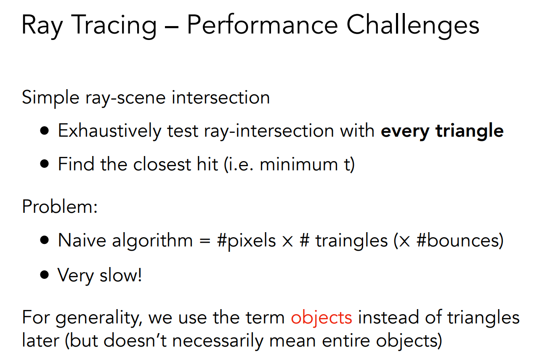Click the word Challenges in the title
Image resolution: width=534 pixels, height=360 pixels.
413,26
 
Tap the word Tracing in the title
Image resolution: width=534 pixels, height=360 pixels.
114,26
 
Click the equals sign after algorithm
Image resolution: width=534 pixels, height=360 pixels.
205,241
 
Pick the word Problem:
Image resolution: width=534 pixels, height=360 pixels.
60,206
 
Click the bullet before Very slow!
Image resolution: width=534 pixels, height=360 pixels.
45,275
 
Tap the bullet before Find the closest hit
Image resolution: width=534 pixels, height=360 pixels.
45,164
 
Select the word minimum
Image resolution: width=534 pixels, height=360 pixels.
299,164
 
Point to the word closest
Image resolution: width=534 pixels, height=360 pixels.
162,164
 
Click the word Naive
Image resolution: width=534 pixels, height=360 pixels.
82,240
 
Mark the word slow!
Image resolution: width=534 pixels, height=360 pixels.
121,275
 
